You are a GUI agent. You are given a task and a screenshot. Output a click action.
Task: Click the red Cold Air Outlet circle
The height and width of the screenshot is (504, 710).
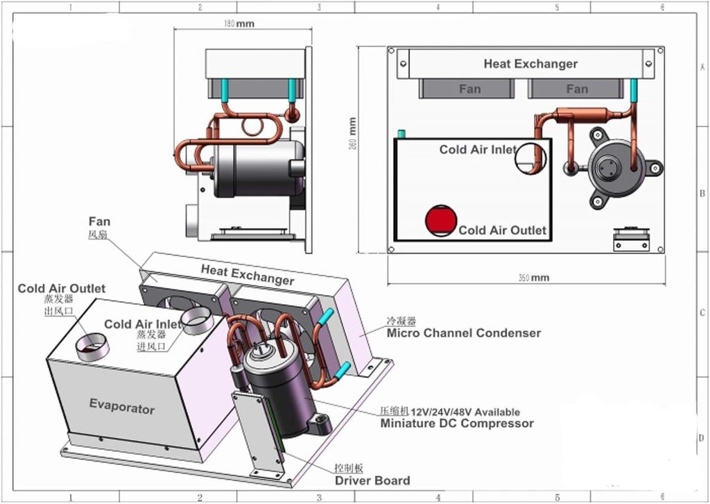coord(440,220)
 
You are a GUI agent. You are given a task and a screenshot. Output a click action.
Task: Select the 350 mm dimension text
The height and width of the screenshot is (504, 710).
coord(533,278)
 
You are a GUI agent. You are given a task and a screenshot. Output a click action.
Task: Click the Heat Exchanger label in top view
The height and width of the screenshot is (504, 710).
coord(530,64)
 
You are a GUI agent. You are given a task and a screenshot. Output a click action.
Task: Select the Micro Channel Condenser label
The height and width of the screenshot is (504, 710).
coord(463,333)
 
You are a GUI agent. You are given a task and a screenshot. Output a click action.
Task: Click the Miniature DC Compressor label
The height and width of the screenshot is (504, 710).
coord(457,423)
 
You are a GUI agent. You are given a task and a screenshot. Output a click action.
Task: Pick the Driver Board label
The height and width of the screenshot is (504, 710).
coord(372,480)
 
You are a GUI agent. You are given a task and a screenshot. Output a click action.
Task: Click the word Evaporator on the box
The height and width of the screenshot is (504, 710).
coord(122,406)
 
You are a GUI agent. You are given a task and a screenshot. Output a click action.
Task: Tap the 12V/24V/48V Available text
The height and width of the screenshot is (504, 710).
coord(470,412)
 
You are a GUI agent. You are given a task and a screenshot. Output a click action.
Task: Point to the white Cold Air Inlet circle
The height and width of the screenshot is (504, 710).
coord(530,158)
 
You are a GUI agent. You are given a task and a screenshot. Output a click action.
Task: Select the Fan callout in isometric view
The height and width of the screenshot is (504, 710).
coord(99,222)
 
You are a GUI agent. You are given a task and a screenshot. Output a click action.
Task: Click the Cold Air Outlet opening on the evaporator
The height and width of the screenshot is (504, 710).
coord(92,345)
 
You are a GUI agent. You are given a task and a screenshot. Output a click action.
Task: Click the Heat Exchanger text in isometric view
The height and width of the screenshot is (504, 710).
coord(248,274)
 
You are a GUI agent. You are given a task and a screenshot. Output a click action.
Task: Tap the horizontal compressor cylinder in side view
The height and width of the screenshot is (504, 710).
coord(257,168)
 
